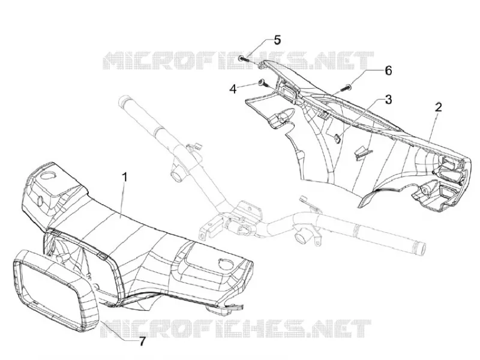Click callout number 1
(x=125, y=177)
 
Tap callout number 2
(x=439, y=107)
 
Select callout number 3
(x=388, y=100)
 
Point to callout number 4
(x=233, y=89)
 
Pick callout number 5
(x=277, y=40)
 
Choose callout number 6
(x=388, y=71)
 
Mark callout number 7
(x=142, y=341)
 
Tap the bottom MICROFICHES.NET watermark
(x=235, y=328)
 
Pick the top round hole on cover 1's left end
(x=47, y=175)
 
